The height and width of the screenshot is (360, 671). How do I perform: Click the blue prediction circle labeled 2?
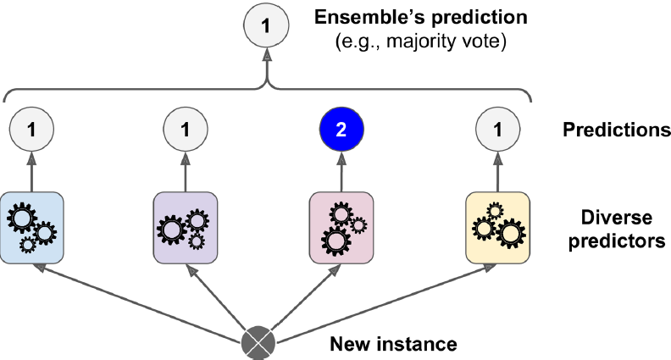[341, 130]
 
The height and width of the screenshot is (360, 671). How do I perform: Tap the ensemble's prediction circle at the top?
[268, 28]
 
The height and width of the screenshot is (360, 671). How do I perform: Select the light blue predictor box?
[31, 224]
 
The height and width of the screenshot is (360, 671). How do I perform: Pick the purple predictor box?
[186, 224]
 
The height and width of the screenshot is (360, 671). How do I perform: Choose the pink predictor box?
[341, 224]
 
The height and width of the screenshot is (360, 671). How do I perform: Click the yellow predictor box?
[497, 224]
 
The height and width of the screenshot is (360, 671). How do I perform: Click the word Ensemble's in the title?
[359, 17]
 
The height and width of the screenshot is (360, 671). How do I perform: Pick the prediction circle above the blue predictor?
[31, 130]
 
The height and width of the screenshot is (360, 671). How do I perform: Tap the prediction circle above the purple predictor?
[186, 130]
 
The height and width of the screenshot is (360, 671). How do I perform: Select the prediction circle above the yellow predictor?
[497, 130]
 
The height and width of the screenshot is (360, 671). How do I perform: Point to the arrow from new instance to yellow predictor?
[381, 302]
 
